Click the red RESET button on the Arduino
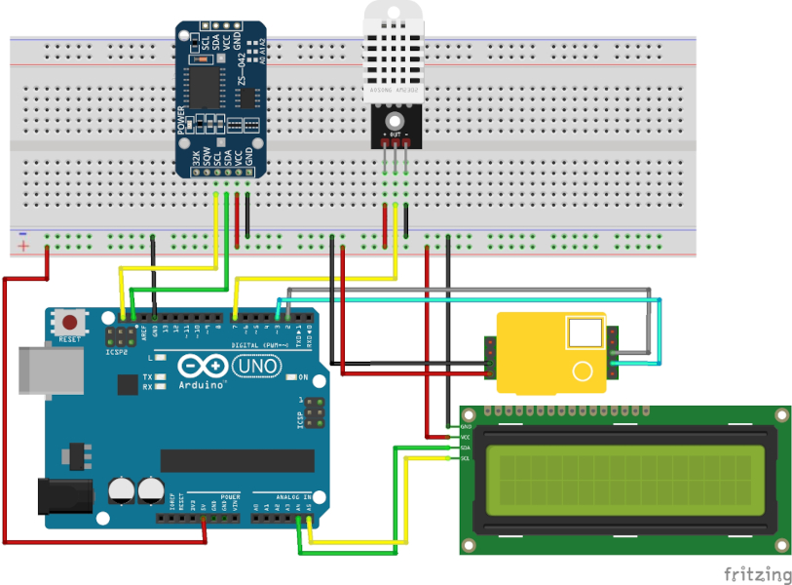(x=69, y=323)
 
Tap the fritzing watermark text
(x=757, y=573)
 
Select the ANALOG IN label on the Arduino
(x=291, y=496)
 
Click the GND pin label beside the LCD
(x=466, y=427)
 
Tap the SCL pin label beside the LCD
(x=466, y=458)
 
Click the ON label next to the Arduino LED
(x=303, y=377)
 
